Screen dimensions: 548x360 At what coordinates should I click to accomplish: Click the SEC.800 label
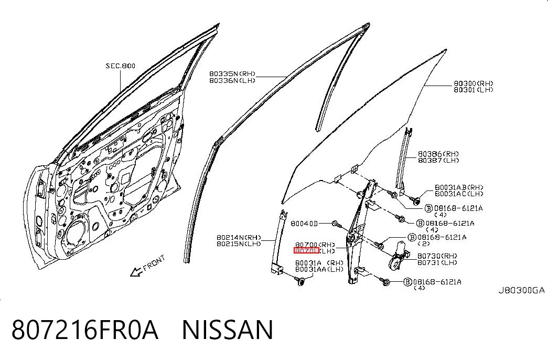(121, 66)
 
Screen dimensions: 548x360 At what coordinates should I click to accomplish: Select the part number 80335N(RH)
(232, 74)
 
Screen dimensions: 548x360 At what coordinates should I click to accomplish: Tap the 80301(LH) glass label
(474, 90)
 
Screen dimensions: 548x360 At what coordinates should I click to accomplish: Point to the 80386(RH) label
(438, 154)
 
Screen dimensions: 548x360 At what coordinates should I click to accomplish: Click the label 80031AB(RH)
(459, 187)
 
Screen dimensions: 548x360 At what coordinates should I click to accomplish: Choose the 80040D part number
(304, 224)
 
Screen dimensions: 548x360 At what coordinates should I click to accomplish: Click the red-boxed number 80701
(306, 251)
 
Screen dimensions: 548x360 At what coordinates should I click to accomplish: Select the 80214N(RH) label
(239, 238)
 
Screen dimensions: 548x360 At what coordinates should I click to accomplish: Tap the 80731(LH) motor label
(437, 262)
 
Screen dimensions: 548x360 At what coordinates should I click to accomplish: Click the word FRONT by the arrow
(154, 263)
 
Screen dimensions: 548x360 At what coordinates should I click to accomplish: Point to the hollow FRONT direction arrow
(136, 271)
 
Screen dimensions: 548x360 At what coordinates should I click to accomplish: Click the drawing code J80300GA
(521, 290)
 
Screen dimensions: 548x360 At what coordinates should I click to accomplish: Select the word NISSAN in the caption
(228, 330)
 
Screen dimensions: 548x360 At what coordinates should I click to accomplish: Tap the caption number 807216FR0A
(85, 330)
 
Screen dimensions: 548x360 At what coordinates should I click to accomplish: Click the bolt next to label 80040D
(336, 224)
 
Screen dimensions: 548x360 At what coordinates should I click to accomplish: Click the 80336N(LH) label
(232, 80)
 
